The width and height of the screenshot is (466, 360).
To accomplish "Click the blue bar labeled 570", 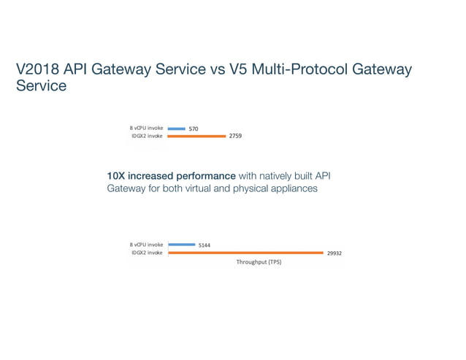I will tap(176, 129).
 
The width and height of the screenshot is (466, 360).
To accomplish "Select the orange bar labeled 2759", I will tap(196, 136).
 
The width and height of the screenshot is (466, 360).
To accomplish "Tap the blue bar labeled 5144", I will tap(181, 245).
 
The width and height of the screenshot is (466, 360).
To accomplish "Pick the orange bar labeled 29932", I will tap(245, 253).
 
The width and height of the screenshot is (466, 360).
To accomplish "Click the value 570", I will tap(194, 129).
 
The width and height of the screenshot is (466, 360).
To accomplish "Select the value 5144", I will tap(205, 245).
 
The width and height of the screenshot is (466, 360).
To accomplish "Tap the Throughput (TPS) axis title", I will tap(259, 262).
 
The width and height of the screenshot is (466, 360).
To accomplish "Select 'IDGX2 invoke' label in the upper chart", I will tap(147, 136).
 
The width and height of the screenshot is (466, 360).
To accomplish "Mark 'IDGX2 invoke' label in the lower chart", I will tap(147, 253).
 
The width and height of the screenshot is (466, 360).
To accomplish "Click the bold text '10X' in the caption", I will tap(117, 176).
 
